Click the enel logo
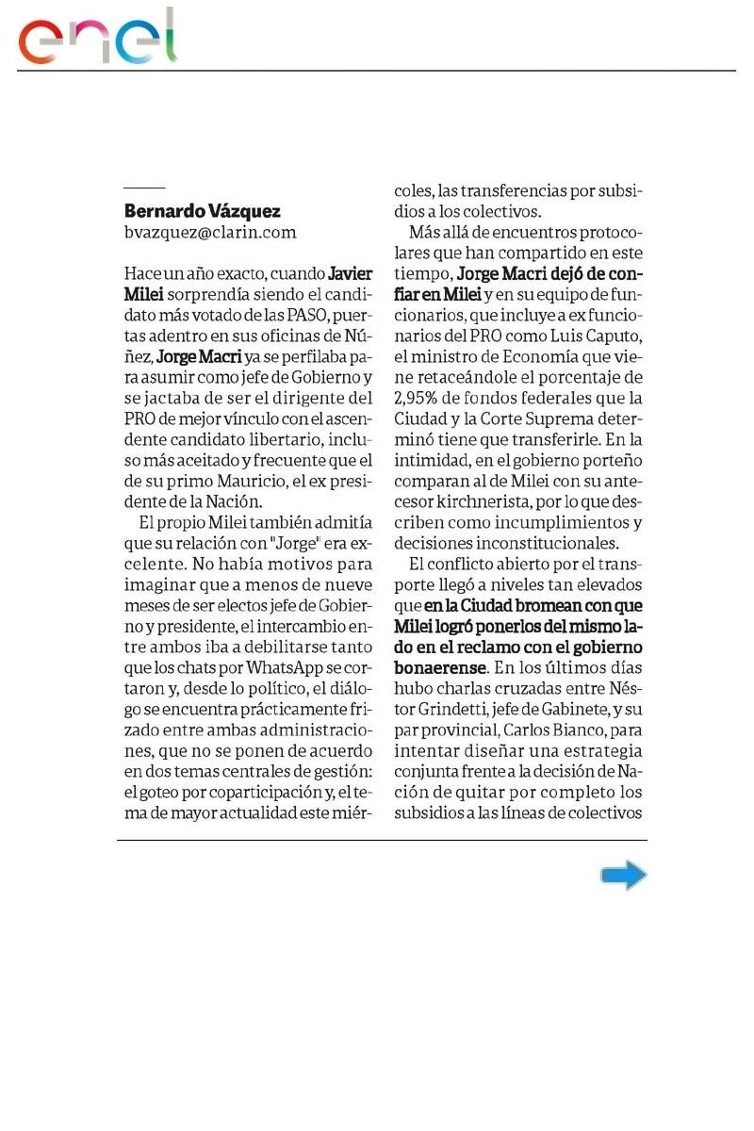[x=98, y=37]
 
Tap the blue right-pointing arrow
[x=623, y=876]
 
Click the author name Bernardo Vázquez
[x=203, y=211]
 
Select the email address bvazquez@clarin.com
[x=210, y=232]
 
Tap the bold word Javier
[x=351, y=274]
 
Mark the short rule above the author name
[x=144, y=188]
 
